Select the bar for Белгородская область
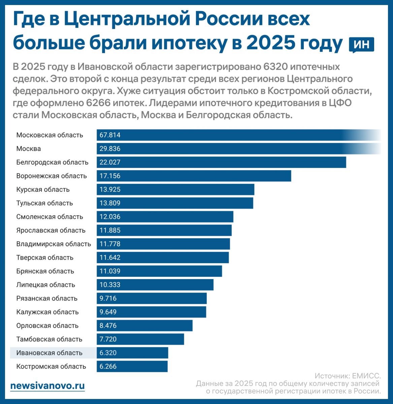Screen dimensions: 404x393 [221, 162]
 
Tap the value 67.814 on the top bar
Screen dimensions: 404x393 [110, 135]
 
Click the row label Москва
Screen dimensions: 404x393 [29, 149]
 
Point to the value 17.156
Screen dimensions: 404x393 [110, 176]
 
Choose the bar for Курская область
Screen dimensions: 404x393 [175, 190]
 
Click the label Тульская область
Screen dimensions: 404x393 [44, 203]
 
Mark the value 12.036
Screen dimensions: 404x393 [110, 217]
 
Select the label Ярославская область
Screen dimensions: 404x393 [51, 231]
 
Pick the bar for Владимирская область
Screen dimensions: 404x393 [163, 244]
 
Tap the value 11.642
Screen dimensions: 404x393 [110, 258]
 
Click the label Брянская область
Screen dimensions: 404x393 [45, 271]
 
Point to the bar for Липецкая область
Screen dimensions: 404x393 [155, 285]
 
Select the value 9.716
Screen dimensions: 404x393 [108, 299]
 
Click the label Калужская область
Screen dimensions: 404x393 [47, 312]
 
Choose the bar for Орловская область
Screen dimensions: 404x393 [144, 326]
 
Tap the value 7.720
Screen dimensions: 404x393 [108, 339]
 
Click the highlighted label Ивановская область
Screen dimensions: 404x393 [50, 353]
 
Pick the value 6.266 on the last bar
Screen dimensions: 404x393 [108, 367]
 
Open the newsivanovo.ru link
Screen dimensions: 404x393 [47, 386]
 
